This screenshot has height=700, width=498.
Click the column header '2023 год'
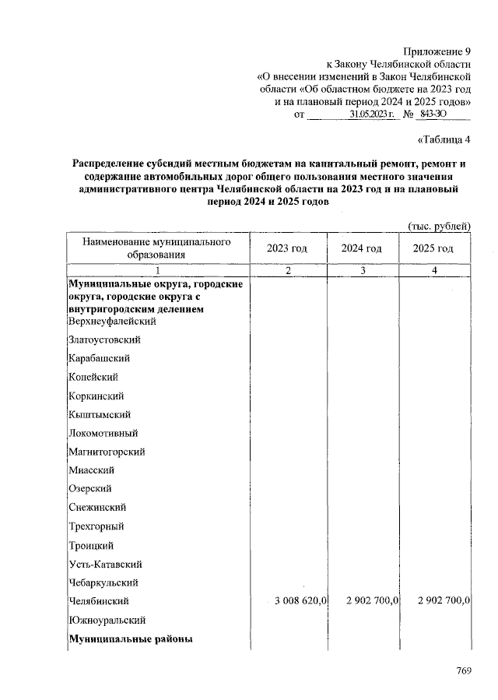(x=288, y=248)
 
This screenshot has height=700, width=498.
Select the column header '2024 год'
(x=362, y=248)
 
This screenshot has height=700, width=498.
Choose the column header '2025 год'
(x=434, y=248)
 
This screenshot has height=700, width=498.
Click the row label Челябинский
(x=99, y=601)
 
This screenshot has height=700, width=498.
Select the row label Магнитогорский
(x=107, y=452)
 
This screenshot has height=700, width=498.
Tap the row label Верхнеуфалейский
(x=112, y=321)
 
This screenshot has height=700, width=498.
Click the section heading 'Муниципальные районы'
(x=130, y=639)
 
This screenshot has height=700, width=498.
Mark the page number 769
(x=465, y=671)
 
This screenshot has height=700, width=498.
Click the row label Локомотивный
(x=103, y=433)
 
